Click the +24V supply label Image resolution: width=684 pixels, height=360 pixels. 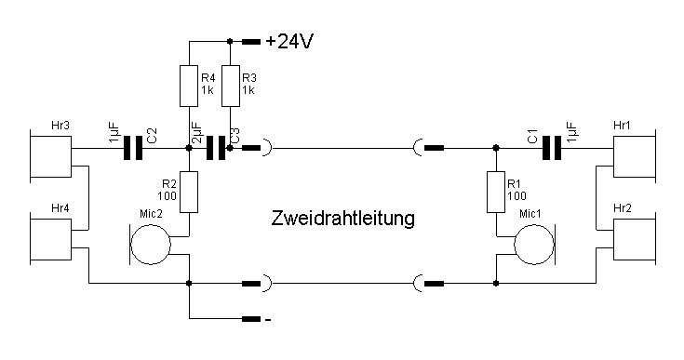point(289,42)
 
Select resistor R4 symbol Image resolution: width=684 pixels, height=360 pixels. point(189,86)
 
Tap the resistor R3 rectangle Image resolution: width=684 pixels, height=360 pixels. point(231,86)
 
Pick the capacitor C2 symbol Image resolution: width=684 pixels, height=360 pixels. point(133,148)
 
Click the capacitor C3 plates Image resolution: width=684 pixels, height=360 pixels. point(216,148)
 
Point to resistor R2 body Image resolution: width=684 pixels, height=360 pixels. point(189,193)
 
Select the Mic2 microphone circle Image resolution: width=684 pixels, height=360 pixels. point(151,245)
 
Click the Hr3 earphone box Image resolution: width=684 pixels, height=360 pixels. point(50,156)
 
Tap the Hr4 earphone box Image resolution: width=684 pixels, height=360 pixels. point(50,239)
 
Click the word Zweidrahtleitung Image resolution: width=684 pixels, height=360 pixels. point(342,219)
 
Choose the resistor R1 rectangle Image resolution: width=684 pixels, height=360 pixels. point(496,193)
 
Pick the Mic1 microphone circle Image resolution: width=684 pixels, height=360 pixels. point(534,245)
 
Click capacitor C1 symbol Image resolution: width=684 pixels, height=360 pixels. point(552,148)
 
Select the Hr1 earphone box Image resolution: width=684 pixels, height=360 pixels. point(635,156)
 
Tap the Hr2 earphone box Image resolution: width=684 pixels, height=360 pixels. point(635,239)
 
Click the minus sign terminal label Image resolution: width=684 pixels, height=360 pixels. point(268,320)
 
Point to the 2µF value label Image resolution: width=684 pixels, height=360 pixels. point(196,132)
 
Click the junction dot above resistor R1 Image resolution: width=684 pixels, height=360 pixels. point(496,148)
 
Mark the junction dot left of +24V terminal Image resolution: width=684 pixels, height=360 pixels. point(231,42)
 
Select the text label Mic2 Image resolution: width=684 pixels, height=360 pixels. point(151,214)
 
